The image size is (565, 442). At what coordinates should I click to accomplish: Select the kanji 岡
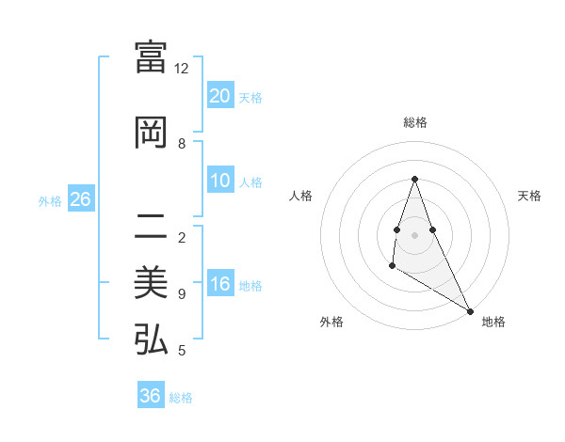pyautogui.click(x=151, y=134)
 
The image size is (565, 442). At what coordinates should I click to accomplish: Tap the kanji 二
pyautogui.click(x=151, y=228)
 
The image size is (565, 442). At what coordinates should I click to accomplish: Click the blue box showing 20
pyautogui.click(x=219, y=96)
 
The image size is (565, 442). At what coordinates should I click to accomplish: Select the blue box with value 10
pyautogui.click(x=219, y=182)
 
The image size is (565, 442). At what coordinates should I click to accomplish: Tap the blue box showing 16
pyautogui.click(x=219, y=285)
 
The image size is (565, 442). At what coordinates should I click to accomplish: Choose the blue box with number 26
pyautogui.click(x=80, y=199)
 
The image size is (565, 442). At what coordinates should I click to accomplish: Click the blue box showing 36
pyautogui.click(x=151, y=396)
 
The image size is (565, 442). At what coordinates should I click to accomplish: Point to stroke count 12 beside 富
pyautogui.click(x=182, y=69)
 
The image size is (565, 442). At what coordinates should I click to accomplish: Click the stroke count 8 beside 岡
pyautogui.click(x=182, y=144)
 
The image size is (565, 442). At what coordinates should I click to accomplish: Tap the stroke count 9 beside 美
pyautogui.click(x=182, y=294)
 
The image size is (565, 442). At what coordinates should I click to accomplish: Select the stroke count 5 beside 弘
pyautogui.click(x=182, y=351)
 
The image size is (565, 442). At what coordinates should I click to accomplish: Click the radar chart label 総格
pyautogui.click(x=414, y=122)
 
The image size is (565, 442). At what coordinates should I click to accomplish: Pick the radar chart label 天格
pyautogui.click(x=529, y=196)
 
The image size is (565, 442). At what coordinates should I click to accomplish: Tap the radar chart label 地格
pyautogui.click(x=493, y=322)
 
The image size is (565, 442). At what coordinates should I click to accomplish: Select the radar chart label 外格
pyautogui.click(x=331, y=322)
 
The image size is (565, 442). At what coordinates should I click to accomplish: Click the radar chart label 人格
pyautogui.click(x=300, y=196)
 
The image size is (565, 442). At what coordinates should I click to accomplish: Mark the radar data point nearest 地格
pyautogui.click(x=471, y=310)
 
